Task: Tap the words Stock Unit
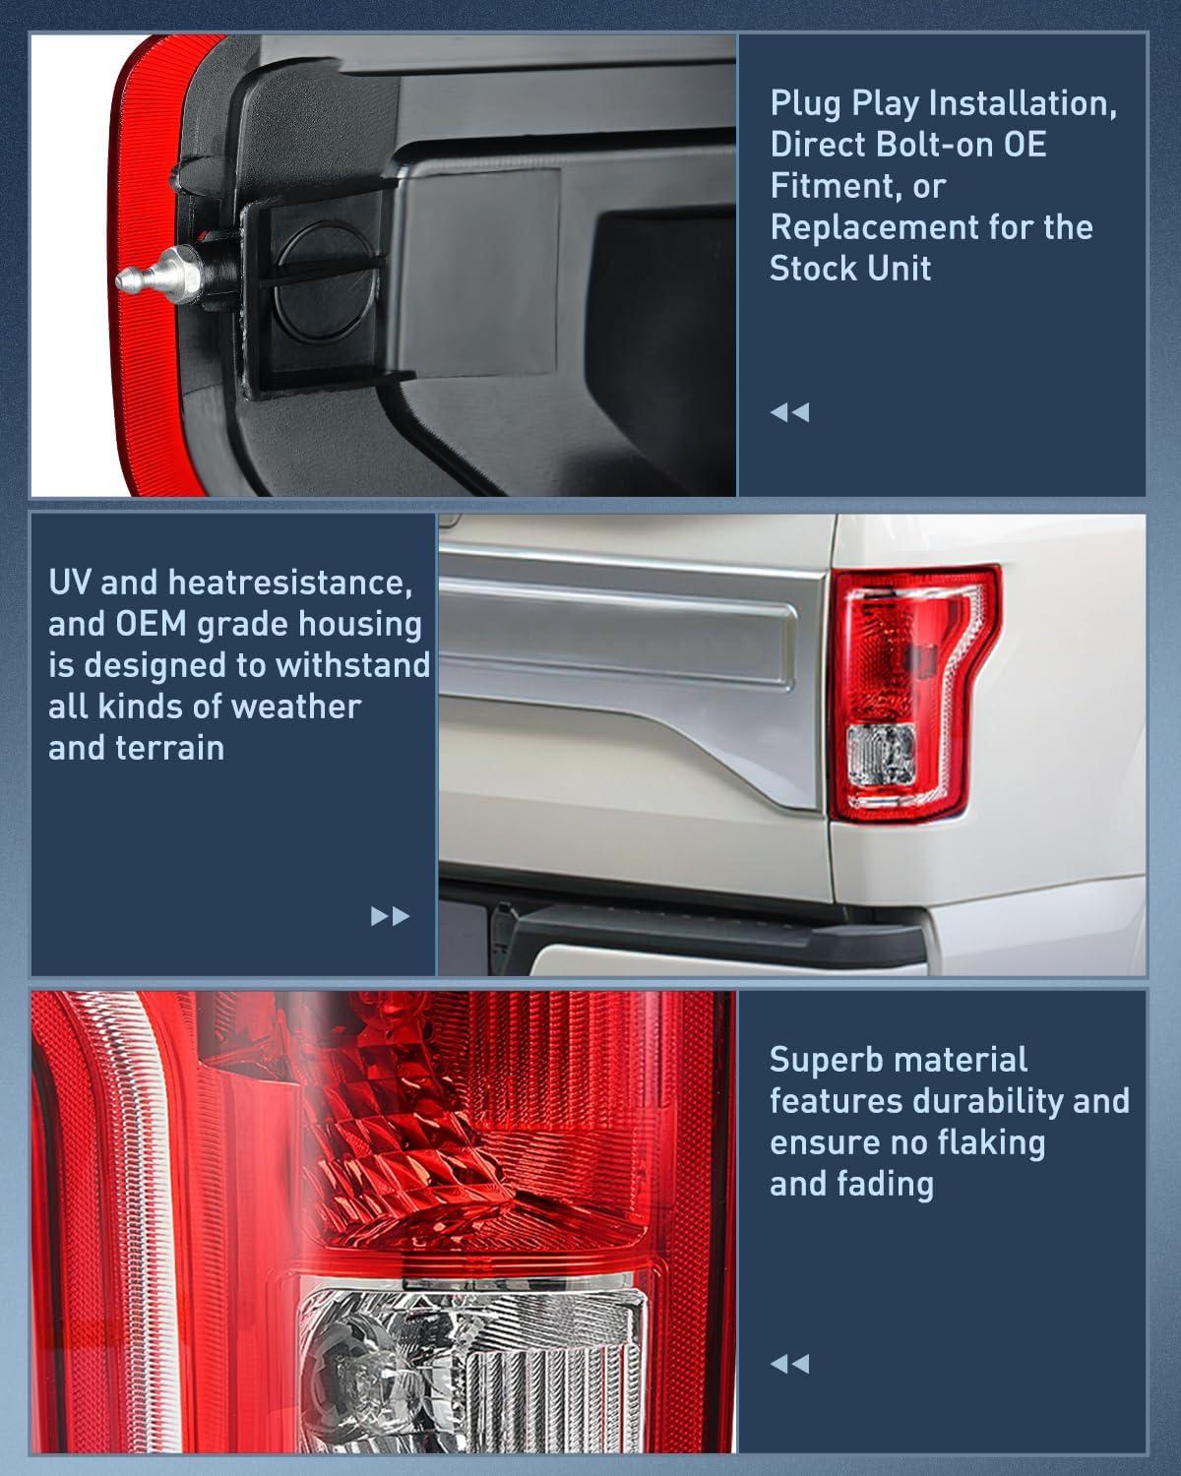coord(850,268)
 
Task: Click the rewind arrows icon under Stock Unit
coord(789,412)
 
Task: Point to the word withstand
coord(353,665)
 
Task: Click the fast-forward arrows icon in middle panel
coord(390,917)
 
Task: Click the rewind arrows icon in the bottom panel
coord(789,1364)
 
